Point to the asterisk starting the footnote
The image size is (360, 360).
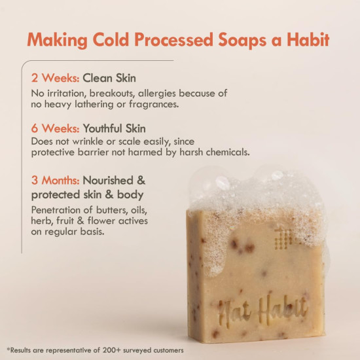9,348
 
